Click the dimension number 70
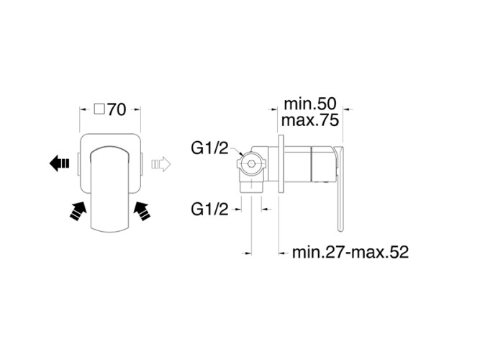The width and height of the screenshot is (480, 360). point(117,109)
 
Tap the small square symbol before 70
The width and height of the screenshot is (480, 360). point(99,109)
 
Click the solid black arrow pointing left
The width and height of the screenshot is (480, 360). point(60,163)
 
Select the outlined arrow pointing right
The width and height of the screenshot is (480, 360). point(161,164)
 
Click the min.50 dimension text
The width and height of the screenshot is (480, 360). point(310,104)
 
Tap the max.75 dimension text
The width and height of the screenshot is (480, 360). point(309,120)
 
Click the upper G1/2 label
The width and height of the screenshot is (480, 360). point(209,148)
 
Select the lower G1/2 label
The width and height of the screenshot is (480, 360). point(209,210)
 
